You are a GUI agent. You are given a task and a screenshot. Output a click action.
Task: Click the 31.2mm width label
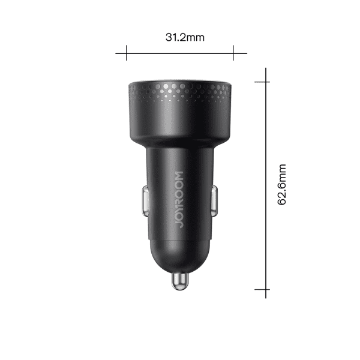pyautogui.click(x=185, y=37)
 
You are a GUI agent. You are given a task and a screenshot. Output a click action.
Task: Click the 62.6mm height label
pyautogui.click(x=281, y=184)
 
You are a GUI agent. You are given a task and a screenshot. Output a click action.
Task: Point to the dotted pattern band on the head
pyautogui.click(x=180, y=92)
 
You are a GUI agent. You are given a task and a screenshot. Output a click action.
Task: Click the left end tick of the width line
pyautogui.click(x=126, y=52)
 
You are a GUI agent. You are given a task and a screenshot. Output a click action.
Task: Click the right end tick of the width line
pyautogui.click(x=233, y=52)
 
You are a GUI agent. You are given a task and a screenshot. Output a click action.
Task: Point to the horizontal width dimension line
pyautogui.click(x=180, y=52)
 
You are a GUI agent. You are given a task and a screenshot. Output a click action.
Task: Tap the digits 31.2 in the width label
pyautogui.click(x=176, y=37)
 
